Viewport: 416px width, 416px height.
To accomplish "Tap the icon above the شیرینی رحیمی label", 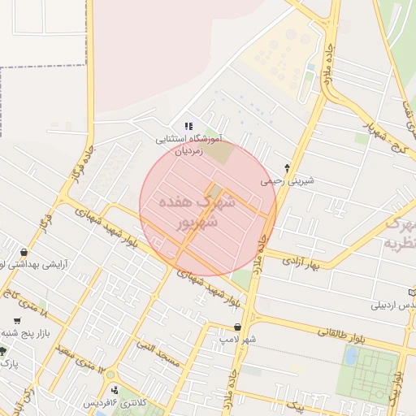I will point(287,167).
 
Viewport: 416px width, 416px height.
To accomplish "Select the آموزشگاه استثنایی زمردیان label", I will point(189,145).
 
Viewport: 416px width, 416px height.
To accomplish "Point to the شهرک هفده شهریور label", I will point(206,210).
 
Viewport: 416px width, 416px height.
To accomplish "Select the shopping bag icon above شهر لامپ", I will point(237,327).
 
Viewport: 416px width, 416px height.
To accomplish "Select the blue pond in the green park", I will point(352,356).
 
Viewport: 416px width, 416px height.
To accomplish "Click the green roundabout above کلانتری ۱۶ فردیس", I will point(112,388).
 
